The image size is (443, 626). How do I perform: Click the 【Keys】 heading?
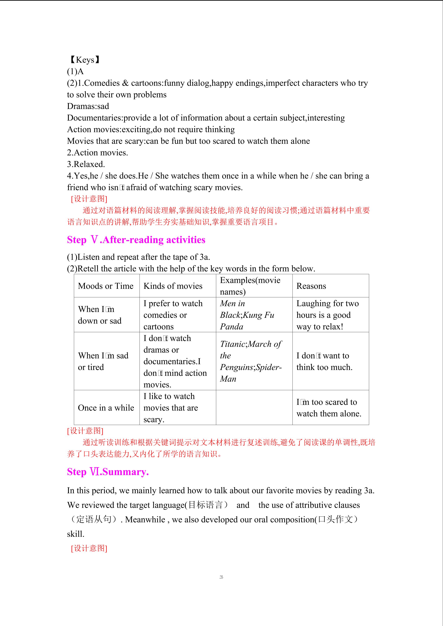[85, 60]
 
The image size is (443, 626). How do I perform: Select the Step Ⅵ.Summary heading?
[108, 472]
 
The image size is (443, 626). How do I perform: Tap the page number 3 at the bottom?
[221, 577]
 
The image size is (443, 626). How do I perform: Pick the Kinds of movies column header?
[173, 286]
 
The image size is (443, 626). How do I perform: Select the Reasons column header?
[311, 286]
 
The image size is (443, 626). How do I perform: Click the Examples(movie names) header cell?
[250, 286]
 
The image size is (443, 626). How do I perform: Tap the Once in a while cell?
[106, 408]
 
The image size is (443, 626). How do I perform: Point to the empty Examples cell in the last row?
[254, 408]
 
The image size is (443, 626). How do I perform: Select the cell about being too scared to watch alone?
[329, 408]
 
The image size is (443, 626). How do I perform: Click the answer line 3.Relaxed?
[86, 164]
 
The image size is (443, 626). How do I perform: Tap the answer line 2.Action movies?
[97, 152]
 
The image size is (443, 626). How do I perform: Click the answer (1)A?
[75, 71]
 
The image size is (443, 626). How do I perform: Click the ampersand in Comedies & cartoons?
[125, 83]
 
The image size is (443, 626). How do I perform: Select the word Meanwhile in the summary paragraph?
[145, 519]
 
